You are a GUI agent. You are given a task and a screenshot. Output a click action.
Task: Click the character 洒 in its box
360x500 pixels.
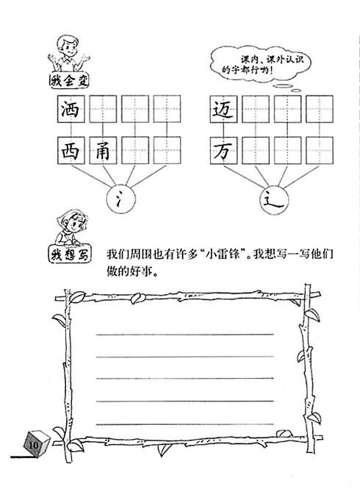pyautogui.click(x=71, y=109)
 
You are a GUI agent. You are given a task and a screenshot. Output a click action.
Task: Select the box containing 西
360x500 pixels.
pyautogui.click(x=71, y=151)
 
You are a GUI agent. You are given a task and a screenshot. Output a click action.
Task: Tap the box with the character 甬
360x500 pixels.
pyautogui.click(x=103, y=151)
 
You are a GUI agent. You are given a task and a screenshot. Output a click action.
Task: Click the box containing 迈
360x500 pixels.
pyautogui.click(x=223, y=109)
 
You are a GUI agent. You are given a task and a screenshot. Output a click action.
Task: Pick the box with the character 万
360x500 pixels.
pyautogui.click(x=223, y=151)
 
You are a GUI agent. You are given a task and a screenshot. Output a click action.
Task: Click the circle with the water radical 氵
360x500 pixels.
pyautogui.click(x=120, y=199)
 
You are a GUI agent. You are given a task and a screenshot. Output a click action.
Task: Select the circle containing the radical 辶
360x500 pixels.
pyautogui.click(x=274, y=200)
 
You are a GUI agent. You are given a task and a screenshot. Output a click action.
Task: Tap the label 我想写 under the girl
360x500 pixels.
pyautogui.click(x=70, y=254)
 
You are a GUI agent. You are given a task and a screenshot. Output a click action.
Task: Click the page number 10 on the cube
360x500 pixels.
pyautogui.click(x=33, y=445)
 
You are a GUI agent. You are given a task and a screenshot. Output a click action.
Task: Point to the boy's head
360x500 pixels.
pyautogui.click(x=68, y=46)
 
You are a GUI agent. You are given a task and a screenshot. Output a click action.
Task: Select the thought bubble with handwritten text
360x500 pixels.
pyautogui.click(x=260, y=64)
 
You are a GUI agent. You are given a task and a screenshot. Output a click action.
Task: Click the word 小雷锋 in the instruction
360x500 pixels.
pyautogui.click(x=223, y=254)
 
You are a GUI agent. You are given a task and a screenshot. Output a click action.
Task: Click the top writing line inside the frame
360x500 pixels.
pyautogui.click(x=185, y=334)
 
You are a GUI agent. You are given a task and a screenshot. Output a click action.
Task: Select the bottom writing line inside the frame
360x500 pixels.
pyautogui.click(x=185, y=424)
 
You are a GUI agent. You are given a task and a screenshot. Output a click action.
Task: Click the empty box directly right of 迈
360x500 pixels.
pyautogui.click(x=256, y=109)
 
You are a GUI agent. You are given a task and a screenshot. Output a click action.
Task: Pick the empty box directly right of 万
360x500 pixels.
pyautogui.click(x=256, y=151)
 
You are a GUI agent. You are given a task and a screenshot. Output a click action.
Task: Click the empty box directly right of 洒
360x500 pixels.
pyautogui.click(x=103, y=109)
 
